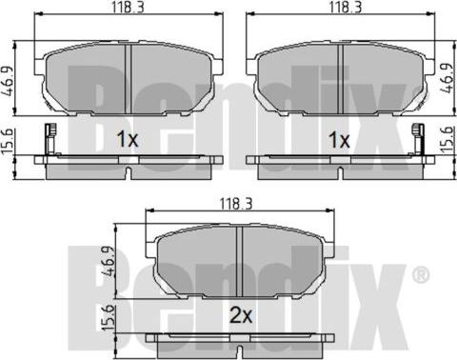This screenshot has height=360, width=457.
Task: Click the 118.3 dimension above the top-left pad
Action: pos(128,7)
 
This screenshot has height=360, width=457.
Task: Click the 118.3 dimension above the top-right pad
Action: pos(346,7)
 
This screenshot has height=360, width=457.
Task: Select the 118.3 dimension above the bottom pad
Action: pos(236,204)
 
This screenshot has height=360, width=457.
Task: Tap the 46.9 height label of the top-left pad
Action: pos(8,81)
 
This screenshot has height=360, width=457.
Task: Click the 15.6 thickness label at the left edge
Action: pos(7,141)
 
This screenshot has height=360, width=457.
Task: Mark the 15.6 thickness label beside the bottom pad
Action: pos(109,318)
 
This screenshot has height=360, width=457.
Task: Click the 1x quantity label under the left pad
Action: pos(128,139)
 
